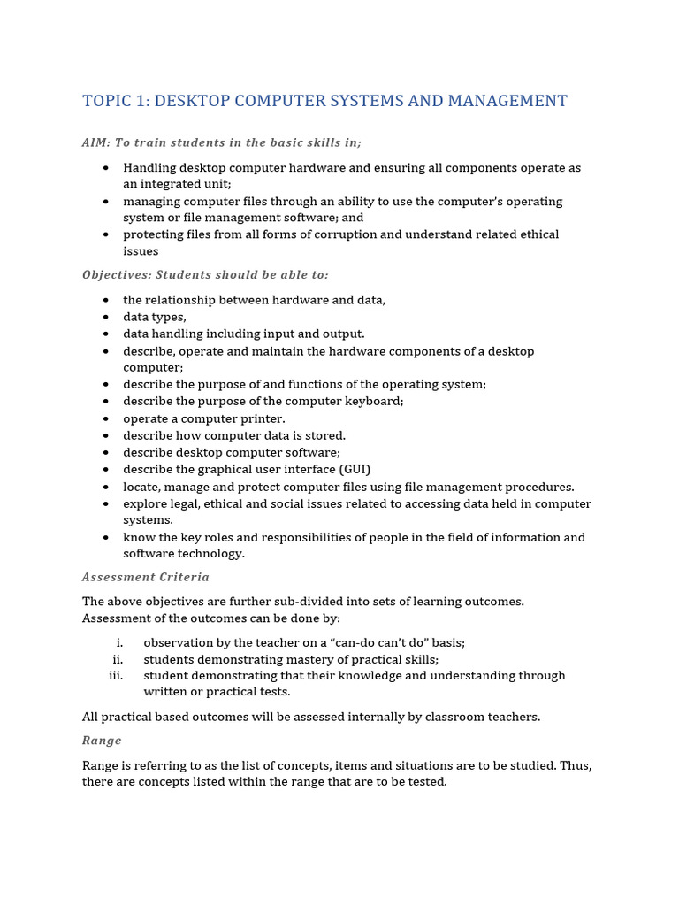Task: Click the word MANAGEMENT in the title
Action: point(507,101)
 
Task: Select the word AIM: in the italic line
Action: point(96,142)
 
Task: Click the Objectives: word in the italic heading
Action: point(116,275)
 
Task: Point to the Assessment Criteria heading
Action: point(146,577)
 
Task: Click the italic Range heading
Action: point(102,741)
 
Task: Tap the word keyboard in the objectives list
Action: point(375,401)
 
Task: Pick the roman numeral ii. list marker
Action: point(117,659)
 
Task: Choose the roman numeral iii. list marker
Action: point(115,675)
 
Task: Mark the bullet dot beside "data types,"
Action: point(106,318)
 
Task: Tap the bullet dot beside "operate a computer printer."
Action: point(106,418)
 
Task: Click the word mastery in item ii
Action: point(297,659)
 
